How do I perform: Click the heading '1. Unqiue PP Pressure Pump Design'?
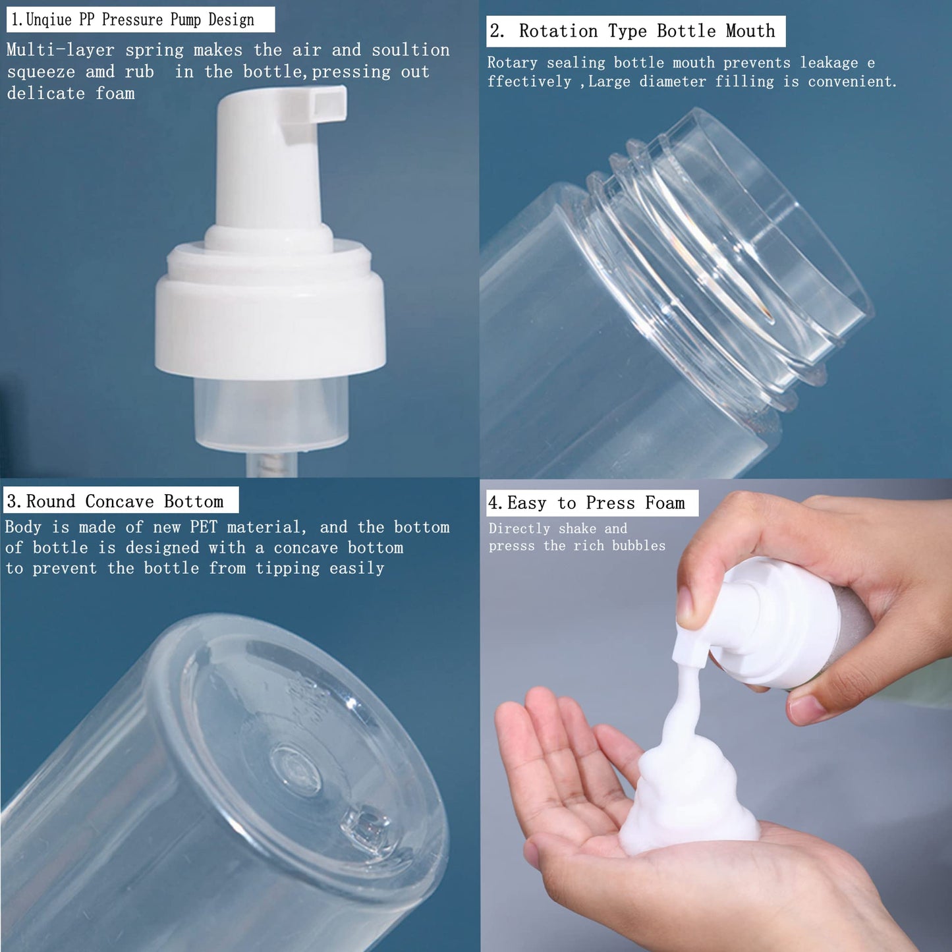click(x=140, y=20)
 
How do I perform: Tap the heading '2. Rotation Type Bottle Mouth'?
click(x=635, y=31)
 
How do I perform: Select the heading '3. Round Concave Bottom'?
click(x=121, y=501)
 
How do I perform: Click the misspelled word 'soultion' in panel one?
click(x=410, y=50)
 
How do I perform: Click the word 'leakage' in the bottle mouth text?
click(x=829, y=63)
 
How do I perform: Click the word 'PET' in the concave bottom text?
click(x=204, y=527)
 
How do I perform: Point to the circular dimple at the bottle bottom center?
click(x=296, y=768)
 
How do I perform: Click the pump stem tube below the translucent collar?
click(x=272, y=464)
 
